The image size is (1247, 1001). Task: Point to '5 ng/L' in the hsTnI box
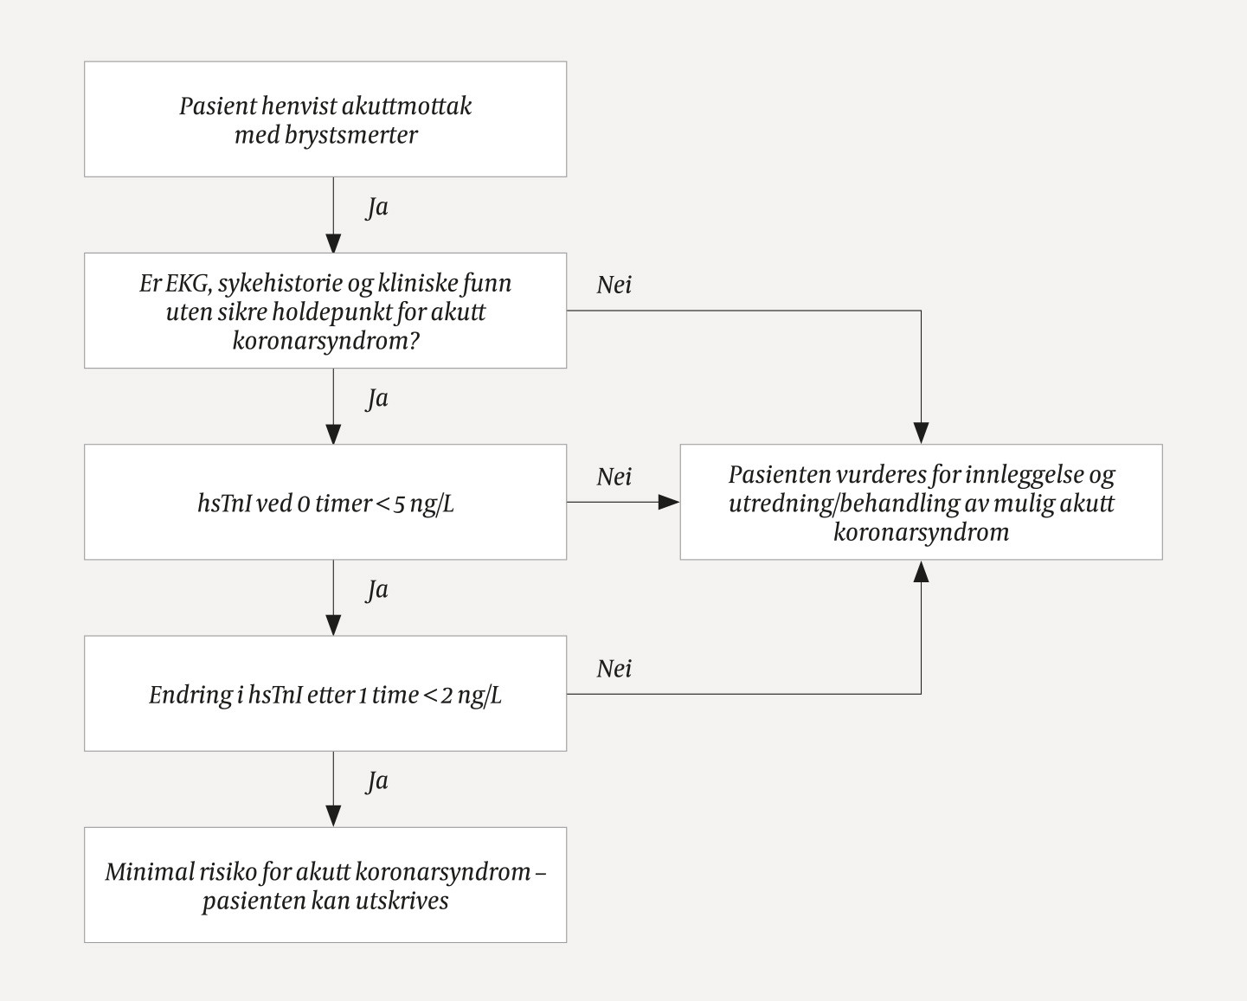(x=423, y=504)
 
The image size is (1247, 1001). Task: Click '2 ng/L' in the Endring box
(x=471, y=696)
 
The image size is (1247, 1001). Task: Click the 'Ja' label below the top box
(x=376, y=208)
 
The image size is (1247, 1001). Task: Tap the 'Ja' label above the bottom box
(x=376, y=781)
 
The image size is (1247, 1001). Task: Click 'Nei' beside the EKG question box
(x=614, y=286)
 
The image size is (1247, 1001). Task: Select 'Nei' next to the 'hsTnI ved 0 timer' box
(x=614, y=477)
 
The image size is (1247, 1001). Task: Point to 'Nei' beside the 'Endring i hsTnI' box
(x=614, y=669)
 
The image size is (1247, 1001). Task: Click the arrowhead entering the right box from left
(x=669, y=502)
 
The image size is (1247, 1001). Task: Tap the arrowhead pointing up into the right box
(x=921, y=571)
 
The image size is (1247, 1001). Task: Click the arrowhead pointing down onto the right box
(x=921, y=433)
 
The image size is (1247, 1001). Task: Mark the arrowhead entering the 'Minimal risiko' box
(x=333, y=816)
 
